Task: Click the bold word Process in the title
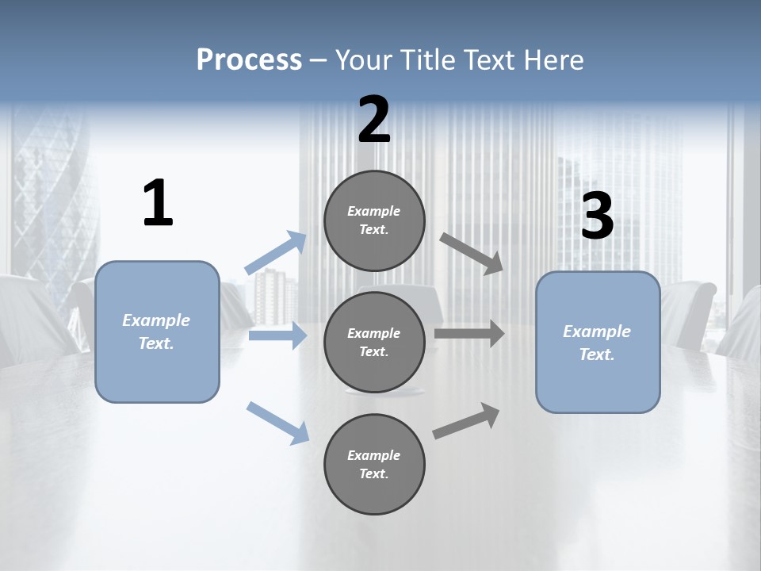coord(249,60)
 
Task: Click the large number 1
coord(158,204)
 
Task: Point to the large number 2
coord(374,120)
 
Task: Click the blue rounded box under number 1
coord(157,373)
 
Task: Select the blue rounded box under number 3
coord(598,385)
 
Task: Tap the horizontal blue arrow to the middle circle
coord(277,336)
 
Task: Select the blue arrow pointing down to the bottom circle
coord(278,423)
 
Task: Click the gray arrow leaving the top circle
coord(472,253)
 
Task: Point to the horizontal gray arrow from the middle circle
coord(469,333)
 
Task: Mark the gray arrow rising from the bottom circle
coord(467,421)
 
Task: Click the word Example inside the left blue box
coord(156,320)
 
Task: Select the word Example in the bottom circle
coord(374,455)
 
